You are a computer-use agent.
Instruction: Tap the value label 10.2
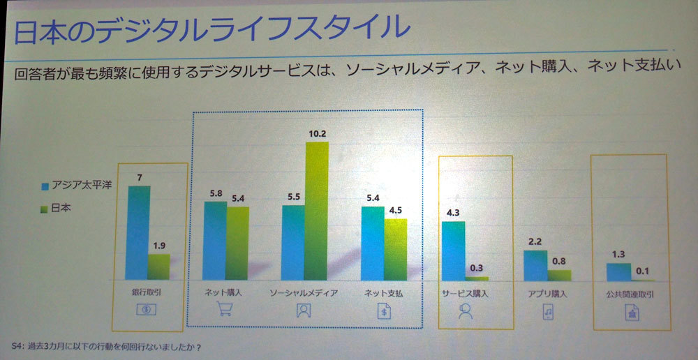click(318, 133)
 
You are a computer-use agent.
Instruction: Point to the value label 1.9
click(160, 246)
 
